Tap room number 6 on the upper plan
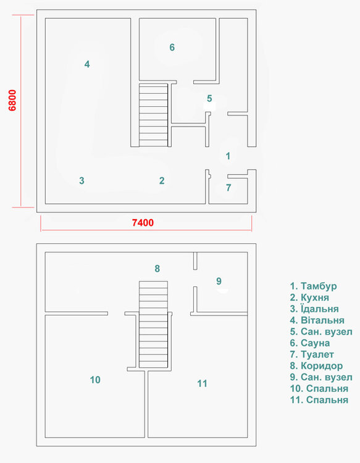(x=172, y=47)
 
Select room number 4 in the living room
(x=88, y=64)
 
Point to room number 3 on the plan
(x=82, y=181)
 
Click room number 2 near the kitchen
(x=162, y=181)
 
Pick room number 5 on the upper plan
(x=209, y=98)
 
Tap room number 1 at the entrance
(x=228, y=156)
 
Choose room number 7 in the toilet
(x=228, y=188)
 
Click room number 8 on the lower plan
(x=157, y=269)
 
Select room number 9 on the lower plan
(x=219, y=282)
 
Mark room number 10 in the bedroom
(x=95, y=380)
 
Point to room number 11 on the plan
(x=202, y=383)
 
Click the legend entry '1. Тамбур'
(x=313, y=286)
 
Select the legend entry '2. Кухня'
(x=309, y=298)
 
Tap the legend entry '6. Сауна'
(x=310, y=343)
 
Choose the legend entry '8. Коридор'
(x=316, y=366)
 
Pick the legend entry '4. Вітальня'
(x=317, y=320)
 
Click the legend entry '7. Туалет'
(x=312, y=354)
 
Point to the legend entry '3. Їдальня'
(x=314, y=309)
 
